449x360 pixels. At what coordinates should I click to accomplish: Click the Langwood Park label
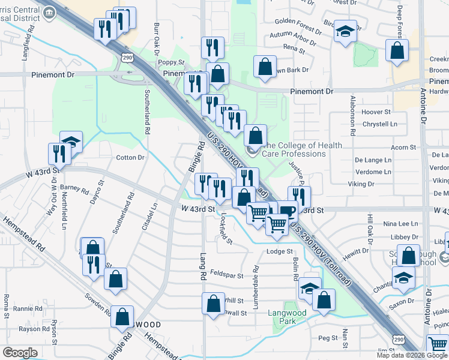coord(292,317)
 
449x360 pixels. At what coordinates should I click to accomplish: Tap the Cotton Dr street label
coord(130,158)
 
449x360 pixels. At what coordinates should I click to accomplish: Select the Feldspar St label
coord(231,276)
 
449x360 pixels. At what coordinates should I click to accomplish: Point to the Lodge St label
coord(279,251)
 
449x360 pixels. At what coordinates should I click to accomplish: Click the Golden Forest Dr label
coord(298,22)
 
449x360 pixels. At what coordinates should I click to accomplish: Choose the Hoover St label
coord(376,112)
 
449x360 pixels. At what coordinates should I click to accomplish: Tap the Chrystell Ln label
coord(380,124)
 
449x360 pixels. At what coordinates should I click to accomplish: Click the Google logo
coord(20,353)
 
